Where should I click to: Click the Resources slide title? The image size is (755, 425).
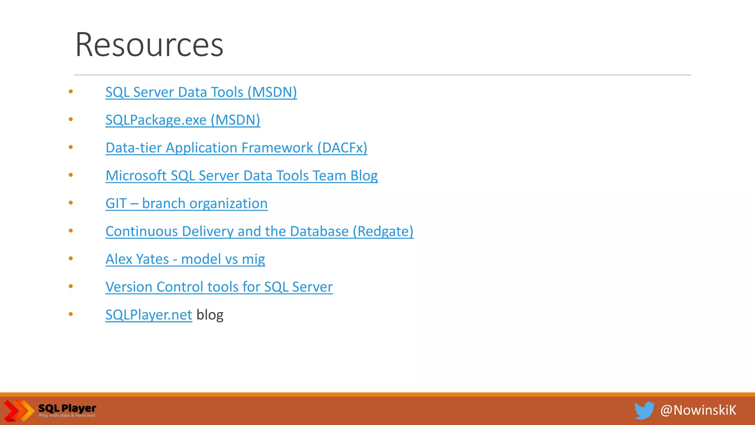pos(149,45)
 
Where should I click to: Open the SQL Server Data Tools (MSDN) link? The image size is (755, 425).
pos(201,92)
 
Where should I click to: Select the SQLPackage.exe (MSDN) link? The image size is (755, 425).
pos(182,120)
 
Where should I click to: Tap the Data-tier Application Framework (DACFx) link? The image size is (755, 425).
pos(236,148)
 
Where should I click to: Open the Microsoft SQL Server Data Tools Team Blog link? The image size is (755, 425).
pos(241,176)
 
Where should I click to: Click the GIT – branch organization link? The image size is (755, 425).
pos(186,204)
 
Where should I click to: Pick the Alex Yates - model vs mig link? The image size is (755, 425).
pos(185,259)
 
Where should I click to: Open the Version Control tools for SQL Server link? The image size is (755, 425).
pos(219,287)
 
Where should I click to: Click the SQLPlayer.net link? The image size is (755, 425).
pos(149,315)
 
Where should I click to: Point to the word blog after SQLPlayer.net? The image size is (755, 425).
pos(210,315)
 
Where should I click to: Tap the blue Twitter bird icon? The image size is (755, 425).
pos(644,410)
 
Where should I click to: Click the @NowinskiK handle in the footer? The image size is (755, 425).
pos(698,410)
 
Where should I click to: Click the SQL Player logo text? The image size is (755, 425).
pos(67,408)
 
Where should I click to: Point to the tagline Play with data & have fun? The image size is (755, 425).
pos(67,416)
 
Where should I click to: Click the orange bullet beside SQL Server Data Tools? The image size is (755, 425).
pos(71,91)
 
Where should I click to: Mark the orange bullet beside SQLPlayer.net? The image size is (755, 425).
pos(71,314)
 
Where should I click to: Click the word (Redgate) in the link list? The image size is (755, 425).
pos(383,231)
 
